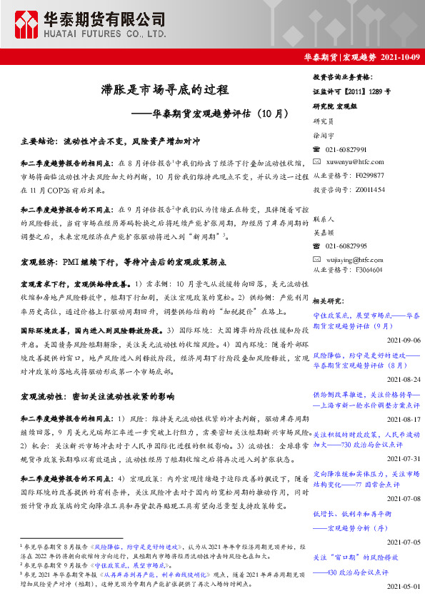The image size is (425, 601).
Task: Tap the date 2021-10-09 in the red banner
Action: [399, 56]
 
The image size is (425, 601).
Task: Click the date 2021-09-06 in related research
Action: [403, 340]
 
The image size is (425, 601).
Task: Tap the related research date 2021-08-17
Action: [403, 419]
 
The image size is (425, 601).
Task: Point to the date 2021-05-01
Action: [403, 585]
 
